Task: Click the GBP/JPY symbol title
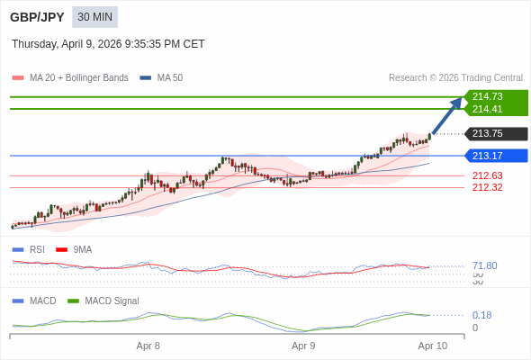click(x=37, y=17)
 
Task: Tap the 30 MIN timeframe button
click(x=94, y=17)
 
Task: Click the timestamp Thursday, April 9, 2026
click(x=108, y=43)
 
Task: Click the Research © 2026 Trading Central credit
click(x=455, y=78)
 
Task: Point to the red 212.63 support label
click(x=487, y=175)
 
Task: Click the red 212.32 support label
click(x=487, y=187)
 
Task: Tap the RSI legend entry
click(x=36, y=249)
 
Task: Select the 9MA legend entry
click(x=82, y=249)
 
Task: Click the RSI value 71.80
click(x=484, y=265)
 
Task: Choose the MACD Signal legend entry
click(x=112, y=301)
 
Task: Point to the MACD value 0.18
click(x=481, y=315)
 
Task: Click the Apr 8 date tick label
click(x=148, y=346)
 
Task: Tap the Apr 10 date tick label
click(x=432, y=346)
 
